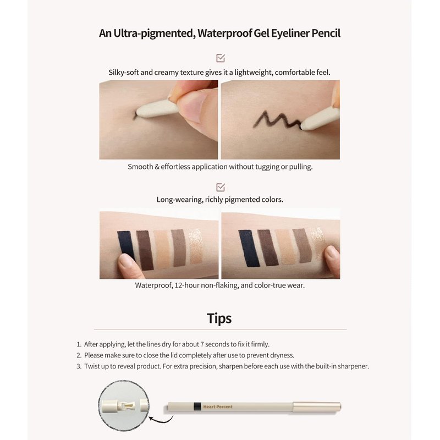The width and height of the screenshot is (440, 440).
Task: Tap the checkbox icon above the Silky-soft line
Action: click(x=221, y=58)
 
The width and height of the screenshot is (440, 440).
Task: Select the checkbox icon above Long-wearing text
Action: click(x=221, y=187)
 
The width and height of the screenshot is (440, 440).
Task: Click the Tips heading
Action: click(x=219, y=318)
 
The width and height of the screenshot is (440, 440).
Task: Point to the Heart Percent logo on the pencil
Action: click(x=218, y=406)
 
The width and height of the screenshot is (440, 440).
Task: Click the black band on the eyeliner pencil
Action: click(x=197, y=406)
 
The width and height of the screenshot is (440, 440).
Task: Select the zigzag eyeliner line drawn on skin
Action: click(x=277, y=120)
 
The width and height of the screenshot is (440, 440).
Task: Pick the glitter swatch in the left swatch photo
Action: click(x=196, y=246)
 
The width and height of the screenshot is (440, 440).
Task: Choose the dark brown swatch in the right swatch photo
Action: click(x=268, y=248)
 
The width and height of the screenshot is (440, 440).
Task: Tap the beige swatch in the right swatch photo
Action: click(x=285, y=246)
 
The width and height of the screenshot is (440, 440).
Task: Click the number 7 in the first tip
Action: click(x=202, y=344)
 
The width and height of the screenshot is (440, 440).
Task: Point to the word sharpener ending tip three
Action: click(x=353, y=366)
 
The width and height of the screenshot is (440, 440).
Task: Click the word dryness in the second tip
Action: click(x=282, y=355)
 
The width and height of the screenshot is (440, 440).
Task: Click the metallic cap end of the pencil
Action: click(x=317, y=406)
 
